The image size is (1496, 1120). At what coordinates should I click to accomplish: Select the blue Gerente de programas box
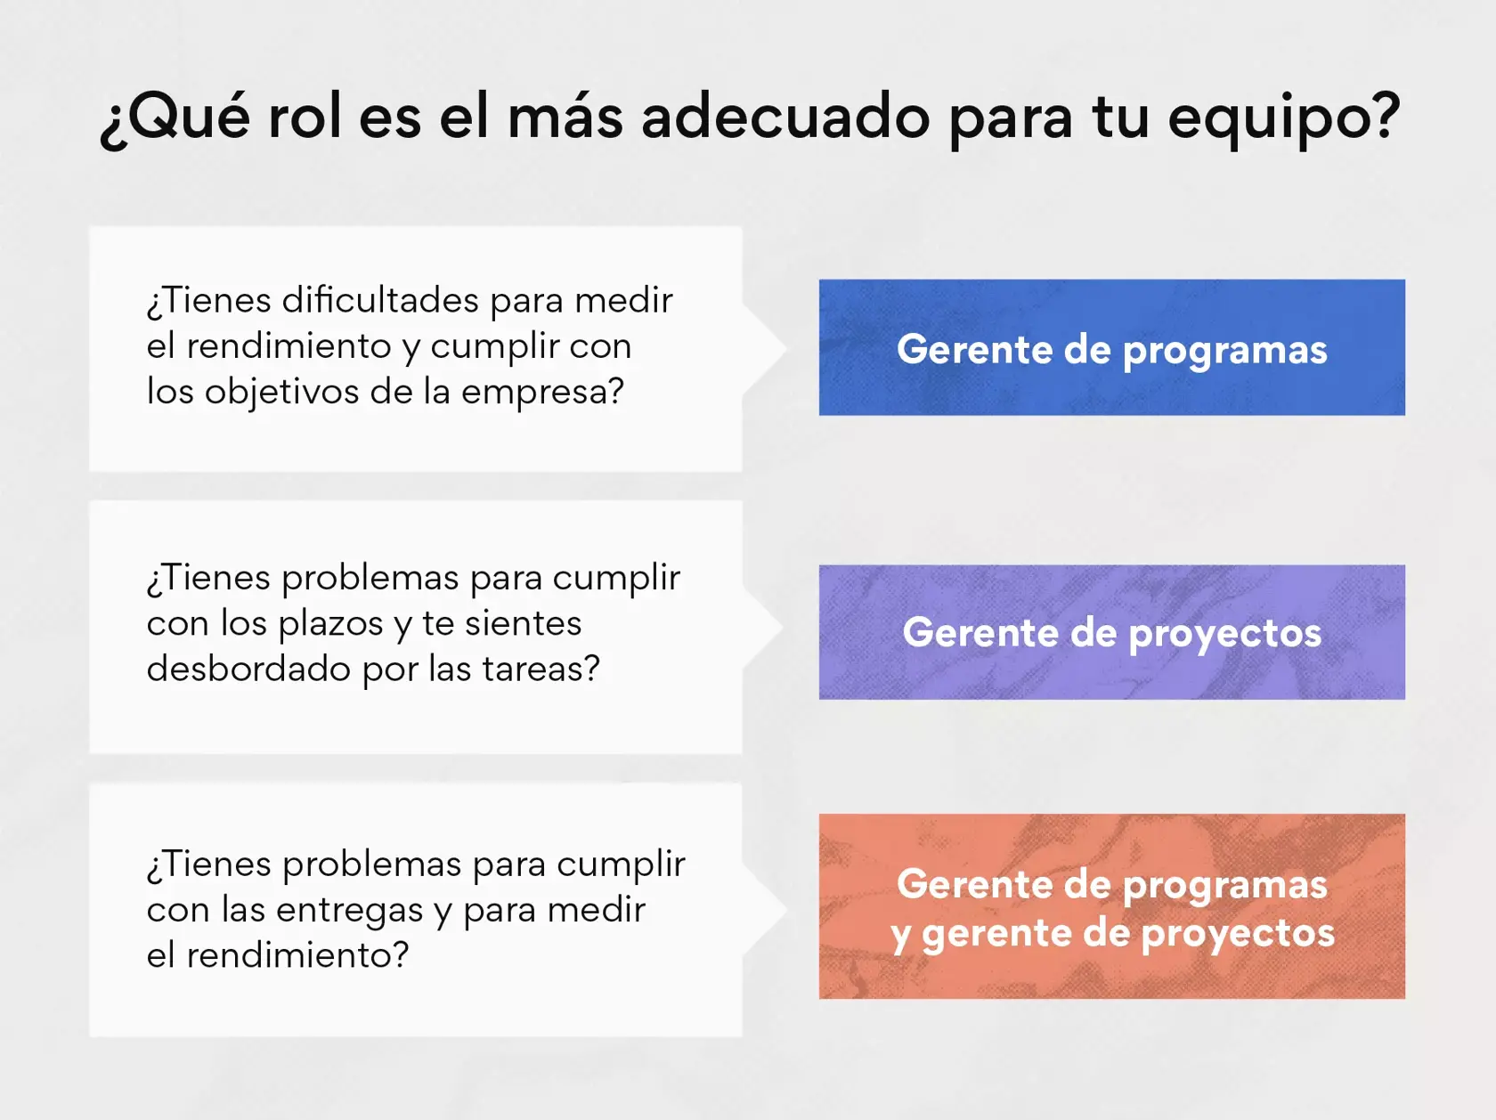[1111, 347]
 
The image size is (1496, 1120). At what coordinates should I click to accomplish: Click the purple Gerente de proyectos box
[1111, 632]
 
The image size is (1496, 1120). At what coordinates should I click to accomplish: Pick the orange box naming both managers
[1111, 906]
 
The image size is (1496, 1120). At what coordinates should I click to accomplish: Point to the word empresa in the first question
[541, 392]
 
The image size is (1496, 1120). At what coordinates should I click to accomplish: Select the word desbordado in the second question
[248, 669]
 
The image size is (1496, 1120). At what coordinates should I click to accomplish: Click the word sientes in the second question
[523, 623]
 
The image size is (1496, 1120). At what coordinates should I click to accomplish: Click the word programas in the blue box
[1224, 350]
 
